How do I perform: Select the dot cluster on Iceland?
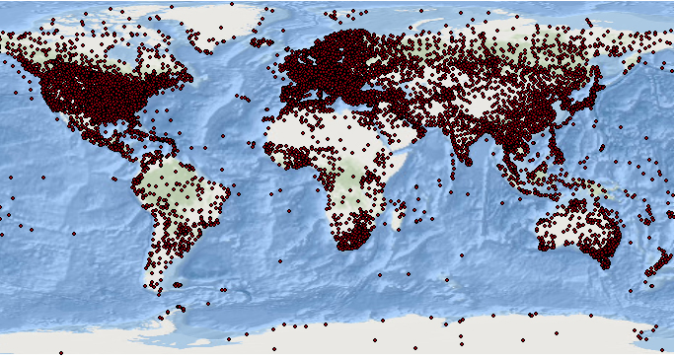click(x=262, y=42)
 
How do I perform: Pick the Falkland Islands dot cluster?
click(x=178, y=285)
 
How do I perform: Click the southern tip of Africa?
click(x=344, y=246)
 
